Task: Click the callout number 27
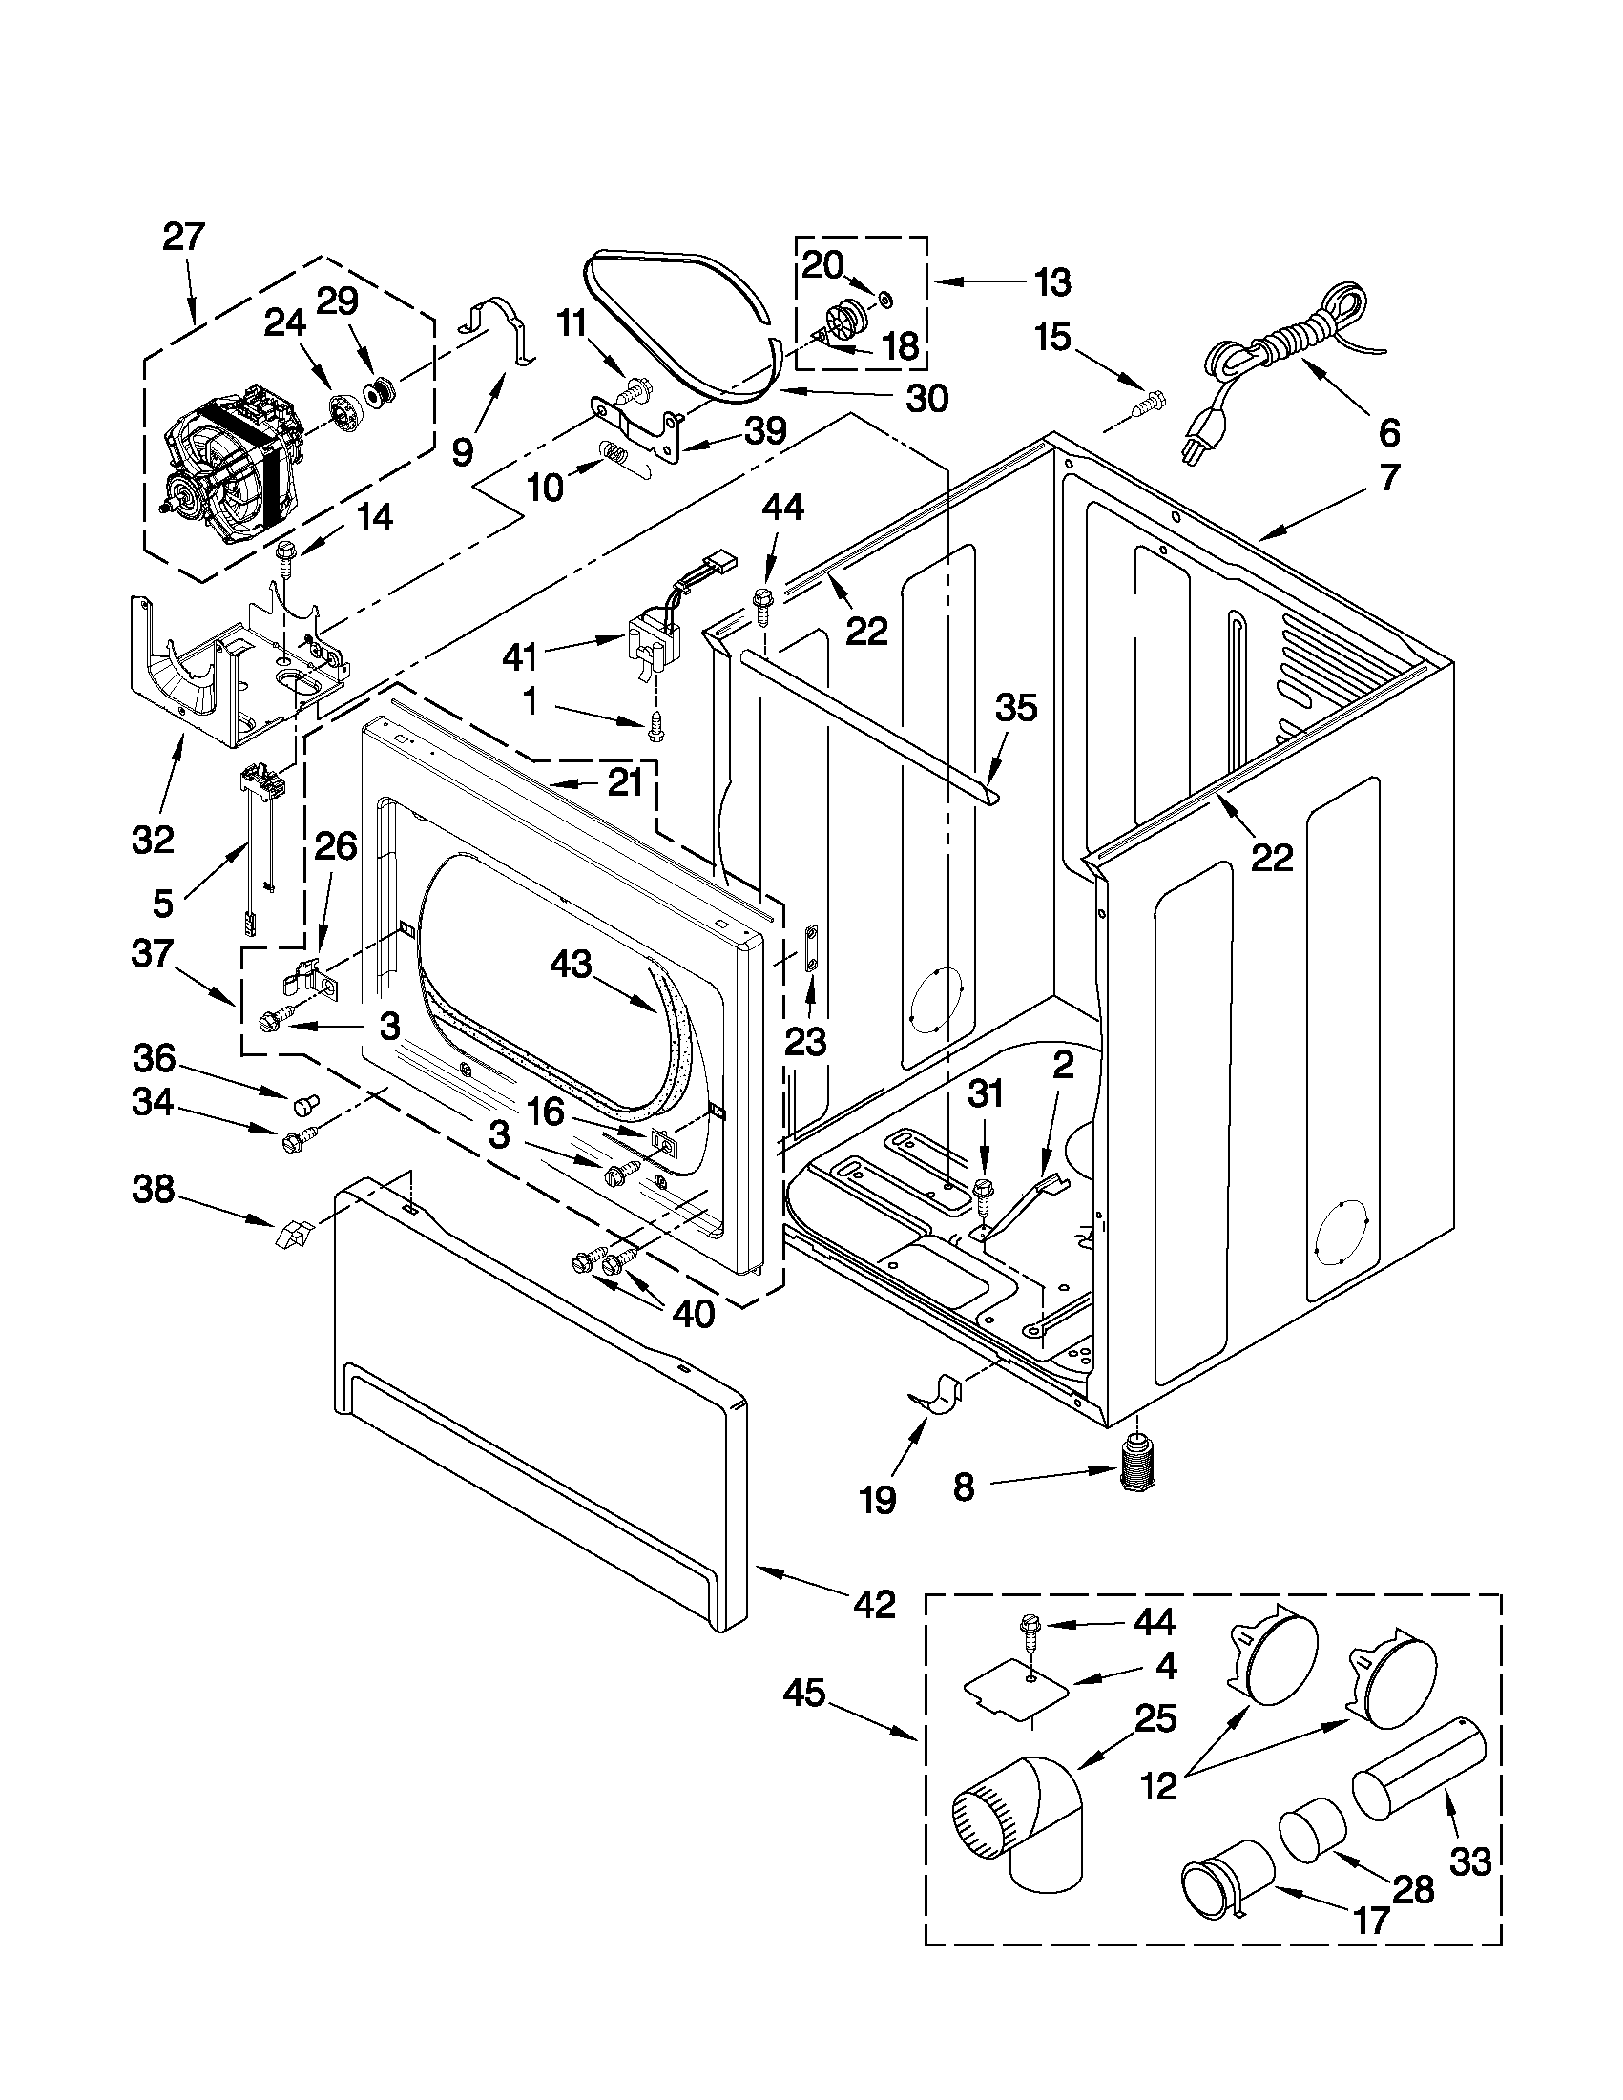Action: (183, 236)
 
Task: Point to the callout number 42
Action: (874, 1604)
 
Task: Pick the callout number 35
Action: (1016, 708)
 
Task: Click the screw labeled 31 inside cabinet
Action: (983, 1193)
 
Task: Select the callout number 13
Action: (1052, 281)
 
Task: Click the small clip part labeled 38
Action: (293, 1233)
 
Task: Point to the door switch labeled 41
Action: (642, 641)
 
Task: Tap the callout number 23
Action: (804, 1040)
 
